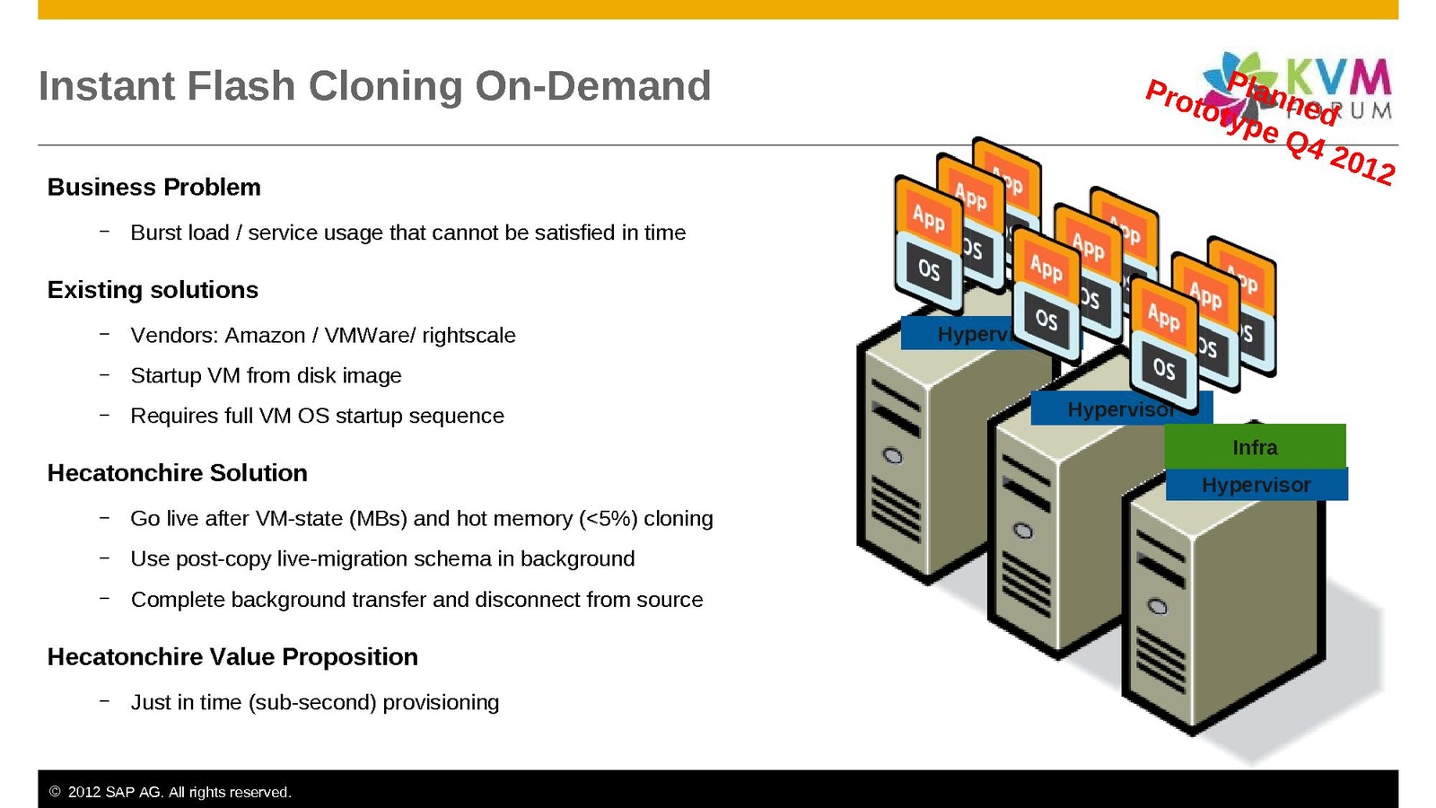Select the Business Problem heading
(153, 187)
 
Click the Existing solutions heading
(153, 290)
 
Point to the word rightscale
(468, 335)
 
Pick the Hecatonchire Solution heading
(177, 473)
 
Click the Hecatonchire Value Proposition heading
(232, 657)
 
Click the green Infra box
(1255, 446)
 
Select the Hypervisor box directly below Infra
(1256, 485)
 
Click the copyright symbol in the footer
(55, 792)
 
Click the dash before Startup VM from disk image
(105, 374)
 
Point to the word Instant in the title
(107, 86)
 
